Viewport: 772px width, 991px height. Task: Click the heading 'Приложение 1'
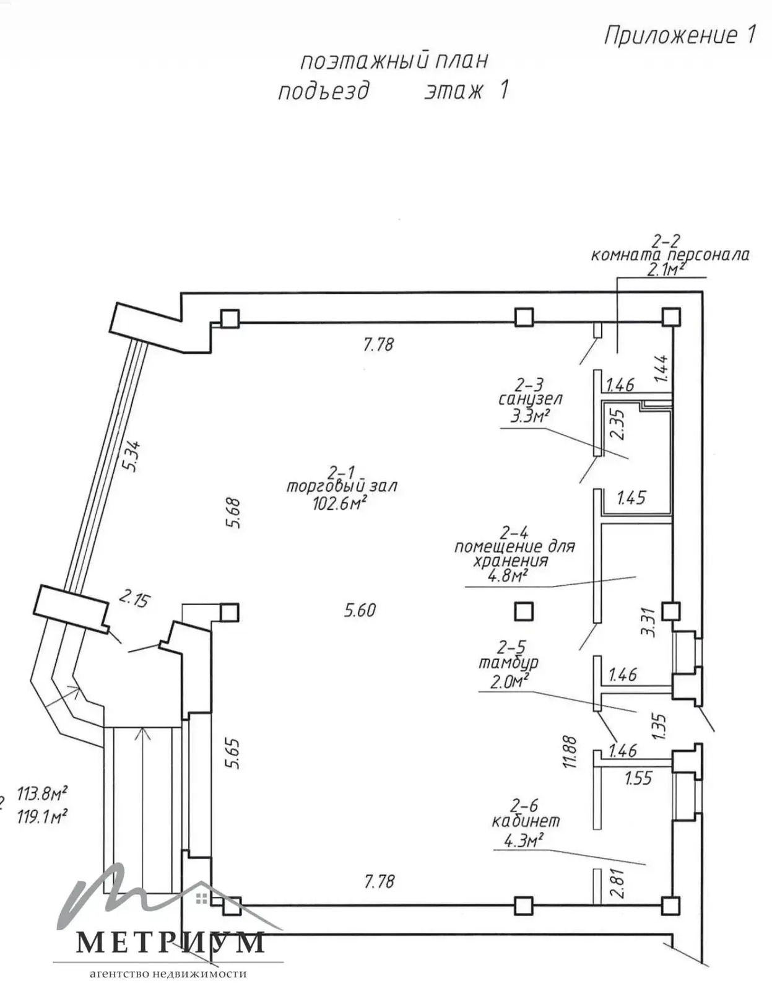(679, 35)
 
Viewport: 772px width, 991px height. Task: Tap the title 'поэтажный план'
(394, 61)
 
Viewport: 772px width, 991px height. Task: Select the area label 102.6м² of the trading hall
(340, 502)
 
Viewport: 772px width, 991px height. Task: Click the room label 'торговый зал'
(342, 487)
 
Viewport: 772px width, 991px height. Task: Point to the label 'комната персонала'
(670, 255)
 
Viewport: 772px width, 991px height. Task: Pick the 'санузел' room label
(531, 399)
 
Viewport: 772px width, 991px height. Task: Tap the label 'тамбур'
(508, 662)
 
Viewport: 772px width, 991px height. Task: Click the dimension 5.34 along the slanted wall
(132, 456)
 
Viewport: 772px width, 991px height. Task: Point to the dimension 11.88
(570, 752)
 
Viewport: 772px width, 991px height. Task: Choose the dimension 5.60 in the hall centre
(360, 610)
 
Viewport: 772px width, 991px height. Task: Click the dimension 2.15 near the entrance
(134, 599)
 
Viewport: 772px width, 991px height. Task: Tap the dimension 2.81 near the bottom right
(617, 884)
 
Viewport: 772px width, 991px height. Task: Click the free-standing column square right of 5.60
(524, 612)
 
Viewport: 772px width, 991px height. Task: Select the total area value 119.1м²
(42, 816)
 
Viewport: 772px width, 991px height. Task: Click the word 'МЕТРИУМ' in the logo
(170, 942)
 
